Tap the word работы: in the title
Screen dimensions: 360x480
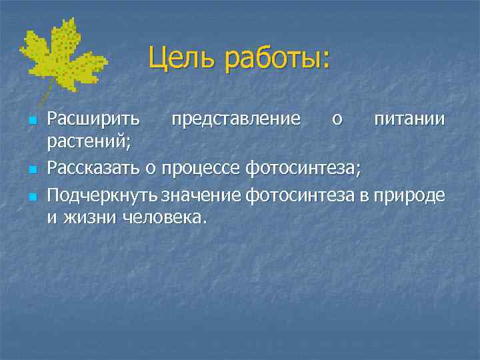[278, 59]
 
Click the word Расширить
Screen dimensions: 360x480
[93, 120]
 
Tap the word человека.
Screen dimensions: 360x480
[167, 218]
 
